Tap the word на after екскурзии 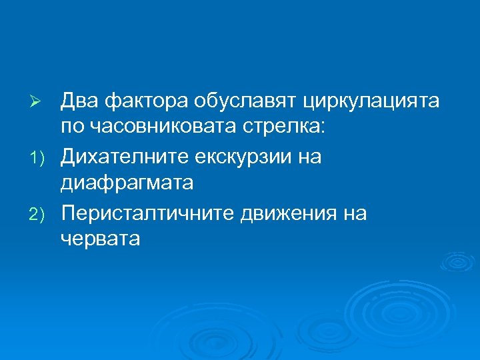pos(310,158)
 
